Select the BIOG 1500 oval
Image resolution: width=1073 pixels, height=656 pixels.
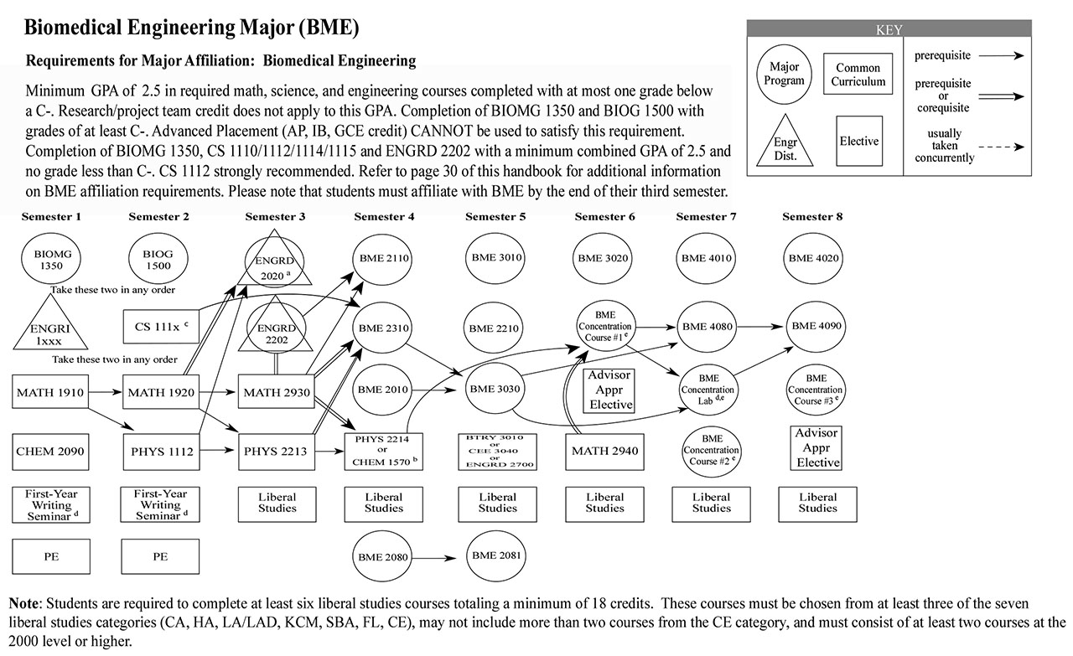tap(159, 258)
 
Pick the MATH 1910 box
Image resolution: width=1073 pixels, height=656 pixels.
tap(51, 391)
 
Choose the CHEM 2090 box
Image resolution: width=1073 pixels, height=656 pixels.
tap(51, 452)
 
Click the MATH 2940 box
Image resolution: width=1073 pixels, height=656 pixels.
tap(604, 452)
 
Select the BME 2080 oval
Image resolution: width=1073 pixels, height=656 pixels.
tap(383, 557)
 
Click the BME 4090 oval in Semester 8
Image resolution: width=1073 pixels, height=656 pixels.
tap(817, 326)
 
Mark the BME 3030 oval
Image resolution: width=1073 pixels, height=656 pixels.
tap(495, 390)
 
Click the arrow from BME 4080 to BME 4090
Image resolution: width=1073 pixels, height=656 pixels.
tap(762, 326)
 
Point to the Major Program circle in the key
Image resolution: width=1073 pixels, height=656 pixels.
tap(785, 75)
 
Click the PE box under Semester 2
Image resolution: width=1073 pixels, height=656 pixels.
tap(159, 556)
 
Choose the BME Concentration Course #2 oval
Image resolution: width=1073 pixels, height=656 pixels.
tap(712, 450)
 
